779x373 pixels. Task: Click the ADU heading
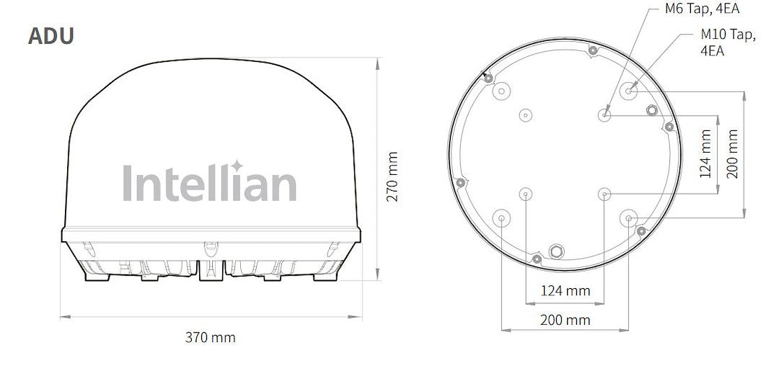coord(50,35)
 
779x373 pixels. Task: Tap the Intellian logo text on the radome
coord(209,183)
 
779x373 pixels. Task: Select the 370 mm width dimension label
coord(210,337)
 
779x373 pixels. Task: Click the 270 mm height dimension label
coord(392,176)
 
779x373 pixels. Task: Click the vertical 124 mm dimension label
coord(705,153)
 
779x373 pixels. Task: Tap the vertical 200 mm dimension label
coord(732,153)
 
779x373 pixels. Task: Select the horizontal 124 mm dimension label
coord(565,291)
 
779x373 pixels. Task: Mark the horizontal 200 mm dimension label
coord(565,320)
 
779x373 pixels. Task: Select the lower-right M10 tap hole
coord(629,218)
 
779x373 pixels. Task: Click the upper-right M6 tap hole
coord(604,114)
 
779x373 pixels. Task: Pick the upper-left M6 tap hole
coord(525,114)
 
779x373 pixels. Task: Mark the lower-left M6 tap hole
coord(525,194)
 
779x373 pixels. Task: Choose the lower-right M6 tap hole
coord(604,194)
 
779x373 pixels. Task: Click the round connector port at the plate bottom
coord(557,251)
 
